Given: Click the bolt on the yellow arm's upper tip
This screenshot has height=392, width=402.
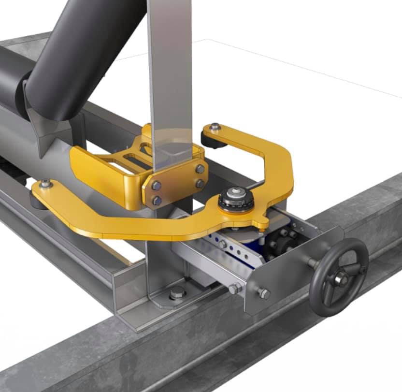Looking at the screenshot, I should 215,127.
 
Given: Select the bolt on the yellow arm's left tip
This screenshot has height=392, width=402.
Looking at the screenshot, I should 45,183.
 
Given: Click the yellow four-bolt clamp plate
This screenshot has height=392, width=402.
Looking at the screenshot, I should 177,183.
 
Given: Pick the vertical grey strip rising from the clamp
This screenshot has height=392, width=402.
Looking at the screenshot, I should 169,73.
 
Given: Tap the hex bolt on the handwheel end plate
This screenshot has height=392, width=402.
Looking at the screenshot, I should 264,293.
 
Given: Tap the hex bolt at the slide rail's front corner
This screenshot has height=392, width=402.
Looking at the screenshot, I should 234,289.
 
